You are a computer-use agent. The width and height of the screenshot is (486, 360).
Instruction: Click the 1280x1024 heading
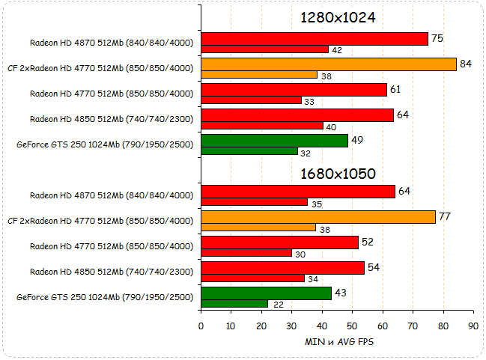pyautogui.click(x=337, y=17)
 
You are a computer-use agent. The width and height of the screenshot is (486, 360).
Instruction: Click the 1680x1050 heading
pyautogui.click(x=337, y=174)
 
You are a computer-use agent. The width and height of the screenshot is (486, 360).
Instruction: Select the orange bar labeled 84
pyautogui.click(x=329, y=64)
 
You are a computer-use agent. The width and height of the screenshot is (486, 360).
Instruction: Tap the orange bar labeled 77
pyautogui.click(x=318, y=217)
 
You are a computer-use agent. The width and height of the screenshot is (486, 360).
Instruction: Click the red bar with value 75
pyautogui.click(x=315, y=39)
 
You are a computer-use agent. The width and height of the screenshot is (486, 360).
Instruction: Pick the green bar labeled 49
pyautogui.click(x=275, y=141)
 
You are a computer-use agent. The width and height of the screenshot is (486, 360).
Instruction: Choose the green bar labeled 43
pyautogui.click(x=266, y=293)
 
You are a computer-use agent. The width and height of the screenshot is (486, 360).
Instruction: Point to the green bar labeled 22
pyautogui.click(x=234, y=303)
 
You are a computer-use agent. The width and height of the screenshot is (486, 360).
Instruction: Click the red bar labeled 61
pyautogui.click(x=294, y=90)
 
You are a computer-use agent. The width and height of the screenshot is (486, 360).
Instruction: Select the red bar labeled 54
pyautogui.click(x=283, y=268)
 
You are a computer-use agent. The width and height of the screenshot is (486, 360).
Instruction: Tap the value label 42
pyautogui.click(x=337, y=50)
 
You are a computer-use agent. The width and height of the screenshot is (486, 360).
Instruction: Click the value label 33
pyautogui.click(x=309, y=101)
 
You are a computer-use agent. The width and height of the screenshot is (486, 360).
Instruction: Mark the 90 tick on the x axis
pyautogui.click(x=473, y=326)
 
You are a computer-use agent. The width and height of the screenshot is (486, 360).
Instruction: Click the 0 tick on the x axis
pyautogui.click(x=201, y=326)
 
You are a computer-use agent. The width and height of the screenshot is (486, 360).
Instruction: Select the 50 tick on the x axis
pyautogui.click(x=352, y=326)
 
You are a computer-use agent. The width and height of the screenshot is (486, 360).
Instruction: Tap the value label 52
pyautogui.click(x=367, y=242)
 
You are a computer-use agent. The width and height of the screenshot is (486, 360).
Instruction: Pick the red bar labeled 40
pyautogui.click(x=262, y=126)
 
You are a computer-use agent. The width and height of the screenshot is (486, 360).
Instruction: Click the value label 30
pyautogui.click(x=299, y=254)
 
